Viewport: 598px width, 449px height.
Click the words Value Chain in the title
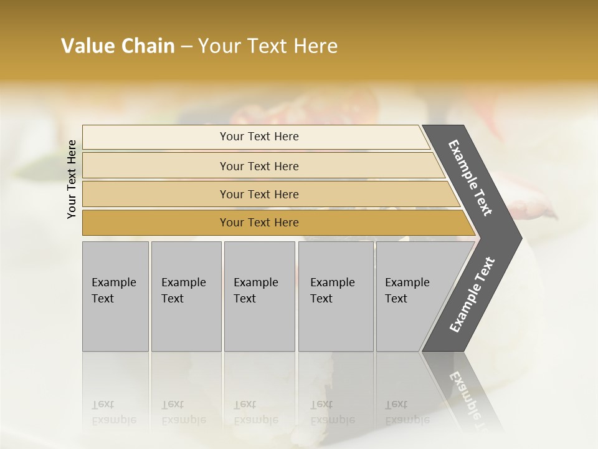coord(118,46)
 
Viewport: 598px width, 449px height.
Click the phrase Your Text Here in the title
coord(268,46)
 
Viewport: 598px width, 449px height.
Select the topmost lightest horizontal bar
coord(156,137)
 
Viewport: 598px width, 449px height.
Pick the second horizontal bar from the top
coord(156,166)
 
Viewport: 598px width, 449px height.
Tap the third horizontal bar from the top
coord(156,194)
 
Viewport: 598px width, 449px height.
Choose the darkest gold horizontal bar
coord(156,223)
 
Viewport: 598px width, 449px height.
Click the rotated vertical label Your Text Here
coord(72,179)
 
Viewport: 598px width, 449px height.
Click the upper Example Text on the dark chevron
coord(470,178)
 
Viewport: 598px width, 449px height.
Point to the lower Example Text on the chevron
coord(472,294)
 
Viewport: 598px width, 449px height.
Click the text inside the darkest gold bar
coord(259,223)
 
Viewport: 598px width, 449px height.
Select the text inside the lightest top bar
coord(259,137)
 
